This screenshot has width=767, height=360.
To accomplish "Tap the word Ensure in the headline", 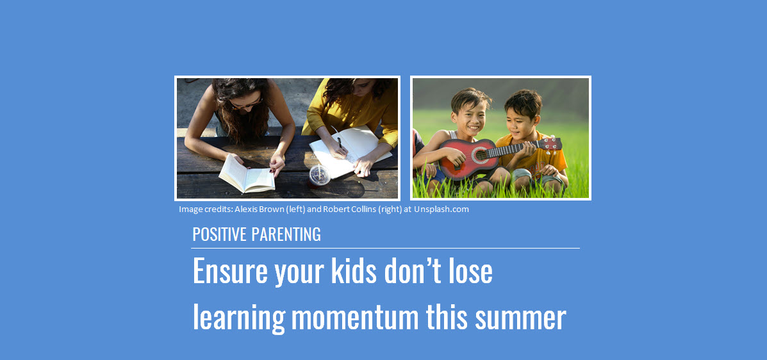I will [230, 272].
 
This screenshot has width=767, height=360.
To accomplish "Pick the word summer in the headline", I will [521, 317].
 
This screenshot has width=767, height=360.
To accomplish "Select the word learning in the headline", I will [238, 318].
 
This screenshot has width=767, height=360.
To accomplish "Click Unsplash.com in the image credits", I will [441, 209].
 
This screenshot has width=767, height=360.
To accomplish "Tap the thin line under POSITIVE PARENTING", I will [386, 248].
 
